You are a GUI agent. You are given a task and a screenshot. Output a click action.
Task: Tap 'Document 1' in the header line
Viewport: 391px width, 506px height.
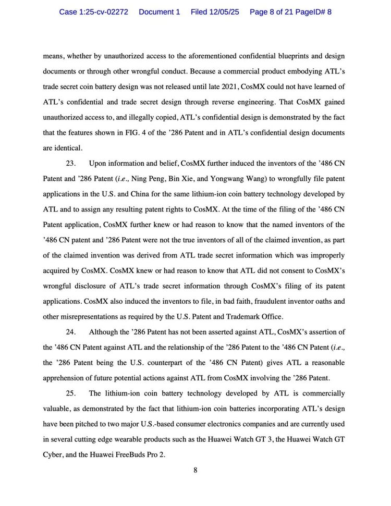pos(159,11)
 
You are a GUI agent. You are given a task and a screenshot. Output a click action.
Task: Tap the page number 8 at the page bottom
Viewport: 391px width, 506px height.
pos(195,470)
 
